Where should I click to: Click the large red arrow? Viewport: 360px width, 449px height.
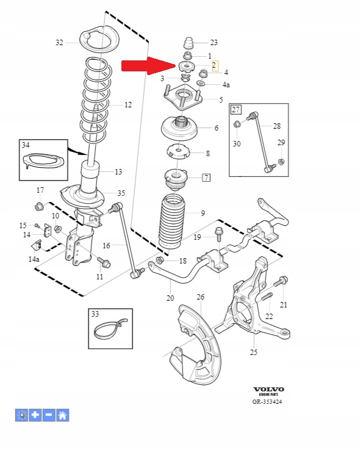point(148,66)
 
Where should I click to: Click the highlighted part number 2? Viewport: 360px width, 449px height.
point(215,66)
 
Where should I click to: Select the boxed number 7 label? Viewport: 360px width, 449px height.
point(206,178)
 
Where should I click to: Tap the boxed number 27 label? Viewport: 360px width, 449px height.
point(236,110)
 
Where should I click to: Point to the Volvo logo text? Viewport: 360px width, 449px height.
point(268,389)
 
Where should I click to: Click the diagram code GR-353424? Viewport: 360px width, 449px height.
point(267,402)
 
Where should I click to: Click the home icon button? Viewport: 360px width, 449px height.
point(63,415)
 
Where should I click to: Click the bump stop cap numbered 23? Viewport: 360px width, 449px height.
point(189,43)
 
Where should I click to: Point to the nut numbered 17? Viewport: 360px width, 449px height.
point(39,206)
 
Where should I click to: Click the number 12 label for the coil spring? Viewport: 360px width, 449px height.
point(128,105)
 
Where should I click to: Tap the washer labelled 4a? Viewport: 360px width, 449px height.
point(201,84)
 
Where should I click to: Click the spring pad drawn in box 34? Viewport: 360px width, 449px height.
point(43,160)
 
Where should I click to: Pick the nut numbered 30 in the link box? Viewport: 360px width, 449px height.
point(237,124)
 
